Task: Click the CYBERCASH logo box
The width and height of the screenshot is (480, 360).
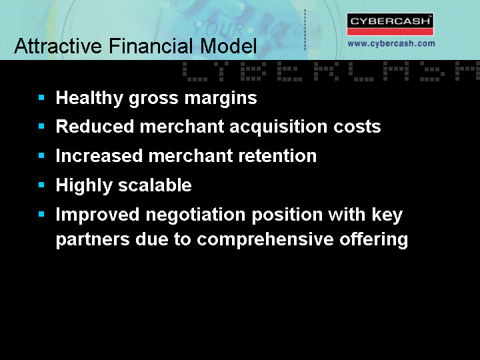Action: [390, 24]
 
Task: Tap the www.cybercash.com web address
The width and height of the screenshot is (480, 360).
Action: [391, 43]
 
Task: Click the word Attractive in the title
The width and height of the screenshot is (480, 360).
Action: [58, 46]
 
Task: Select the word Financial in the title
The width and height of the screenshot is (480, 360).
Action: [151, 46]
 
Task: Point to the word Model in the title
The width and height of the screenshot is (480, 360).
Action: [229, 46]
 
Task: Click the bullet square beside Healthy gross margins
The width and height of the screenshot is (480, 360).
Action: [41, 97]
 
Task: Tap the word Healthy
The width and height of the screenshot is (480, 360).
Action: [89, 98]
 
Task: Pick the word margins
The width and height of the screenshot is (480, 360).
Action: [221, 99]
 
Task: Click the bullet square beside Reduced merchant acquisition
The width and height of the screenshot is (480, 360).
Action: [41, 126]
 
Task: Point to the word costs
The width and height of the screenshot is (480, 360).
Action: [357, 127]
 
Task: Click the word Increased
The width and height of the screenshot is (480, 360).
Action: [99, 155]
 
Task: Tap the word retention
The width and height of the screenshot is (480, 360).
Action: [277, 156]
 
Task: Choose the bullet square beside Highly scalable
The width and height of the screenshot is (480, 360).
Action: [41, 185]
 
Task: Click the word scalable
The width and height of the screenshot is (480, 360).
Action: [155, 185]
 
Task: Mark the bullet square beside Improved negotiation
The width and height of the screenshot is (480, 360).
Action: [41, 214]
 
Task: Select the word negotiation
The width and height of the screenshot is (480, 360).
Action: [195, 215]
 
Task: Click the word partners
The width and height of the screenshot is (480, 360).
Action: [93, 240]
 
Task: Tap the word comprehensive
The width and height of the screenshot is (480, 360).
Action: [265, 239]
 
